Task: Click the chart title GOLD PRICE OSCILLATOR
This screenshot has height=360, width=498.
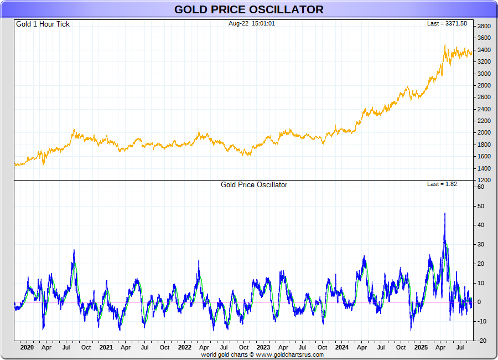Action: pos(249,9)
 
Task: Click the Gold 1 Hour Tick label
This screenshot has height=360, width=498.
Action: pos(43,24)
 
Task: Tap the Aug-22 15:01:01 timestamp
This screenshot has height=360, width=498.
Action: pos(252,24)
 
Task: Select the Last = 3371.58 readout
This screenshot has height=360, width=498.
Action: pos(447,24)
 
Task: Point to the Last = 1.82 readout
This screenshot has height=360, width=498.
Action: pos(442,184)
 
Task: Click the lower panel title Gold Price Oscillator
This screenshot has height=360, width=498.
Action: pos(254,185)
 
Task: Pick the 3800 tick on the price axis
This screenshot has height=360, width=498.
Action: pos(484,27)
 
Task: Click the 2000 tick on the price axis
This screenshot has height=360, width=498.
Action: pos(484,133)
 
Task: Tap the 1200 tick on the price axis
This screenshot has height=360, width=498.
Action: pos(484,180)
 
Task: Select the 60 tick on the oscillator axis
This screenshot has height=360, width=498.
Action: pos(481,187)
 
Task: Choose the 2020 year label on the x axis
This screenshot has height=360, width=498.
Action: pos(27,348)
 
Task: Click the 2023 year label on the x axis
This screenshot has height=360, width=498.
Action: pos(263,348)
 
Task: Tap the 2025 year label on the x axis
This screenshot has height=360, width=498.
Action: pos(421,348)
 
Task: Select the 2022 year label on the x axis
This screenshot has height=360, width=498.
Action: pos(185,348)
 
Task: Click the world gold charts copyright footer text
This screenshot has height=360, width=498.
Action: pos(262,354)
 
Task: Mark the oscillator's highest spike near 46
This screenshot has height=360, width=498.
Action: pos(445,214)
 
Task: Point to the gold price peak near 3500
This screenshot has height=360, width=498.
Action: pos(445,45)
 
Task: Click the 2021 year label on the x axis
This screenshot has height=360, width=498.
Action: pos(106,348)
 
